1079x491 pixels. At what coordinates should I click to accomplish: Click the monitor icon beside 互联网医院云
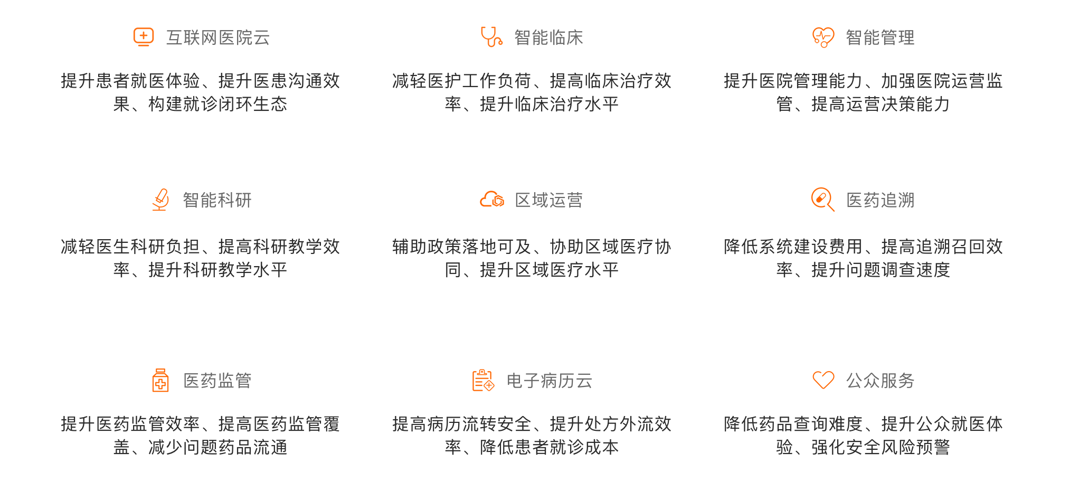click(x=144, y=37)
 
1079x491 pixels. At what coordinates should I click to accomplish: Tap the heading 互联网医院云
click(x=218, y=37)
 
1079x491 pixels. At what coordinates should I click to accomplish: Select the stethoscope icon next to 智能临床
click(x=491, y=37)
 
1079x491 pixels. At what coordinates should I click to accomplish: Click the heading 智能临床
click(x=549, y=37)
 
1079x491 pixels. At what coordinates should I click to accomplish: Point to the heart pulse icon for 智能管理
click(x=824, y=37)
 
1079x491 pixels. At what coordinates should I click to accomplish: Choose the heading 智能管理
click(x=881, y=37)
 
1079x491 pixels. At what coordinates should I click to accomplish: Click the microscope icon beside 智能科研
click(x=160, y=200)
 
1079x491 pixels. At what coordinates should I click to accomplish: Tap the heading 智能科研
click(x=217, y=200)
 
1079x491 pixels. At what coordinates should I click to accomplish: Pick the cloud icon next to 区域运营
click(x=492, y=199)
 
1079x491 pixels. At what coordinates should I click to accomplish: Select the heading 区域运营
click(x=549, y=200)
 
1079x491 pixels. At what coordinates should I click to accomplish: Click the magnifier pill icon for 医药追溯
click(x=823, y=200)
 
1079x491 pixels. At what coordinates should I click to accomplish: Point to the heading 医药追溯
click(x=881, y=200)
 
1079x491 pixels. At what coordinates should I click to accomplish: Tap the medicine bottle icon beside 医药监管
click(x=160, y=380)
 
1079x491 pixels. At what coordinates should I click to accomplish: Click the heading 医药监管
click(x=217, y=381)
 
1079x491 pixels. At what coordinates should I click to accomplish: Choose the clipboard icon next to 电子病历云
click(x=483, y=380)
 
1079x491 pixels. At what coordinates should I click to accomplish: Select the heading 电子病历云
click(x=550, y=381)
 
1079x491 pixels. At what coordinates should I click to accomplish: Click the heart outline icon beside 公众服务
click(x=824, y=380)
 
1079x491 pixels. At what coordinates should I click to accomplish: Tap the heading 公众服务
click(x=881, y=381)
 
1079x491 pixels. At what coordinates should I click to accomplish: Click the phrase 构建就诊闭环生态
click(x=218, y=104)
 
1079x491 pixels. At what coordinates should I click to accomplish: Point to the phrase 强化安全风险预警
click(x=881, y=447)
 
